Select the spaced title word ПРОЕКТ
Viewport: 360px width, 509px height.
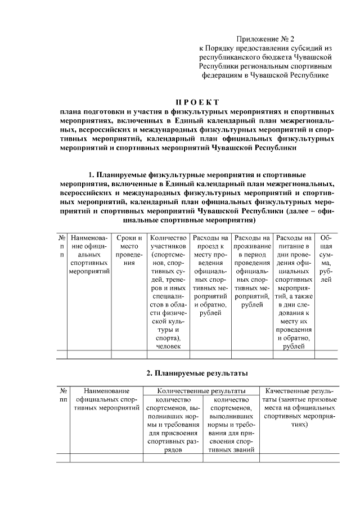tap(196, 102)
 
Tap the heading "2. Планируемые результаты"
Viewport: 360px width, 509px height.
tap(196, 373)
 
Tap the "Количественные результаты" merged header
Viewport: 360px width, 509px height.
tap(201, 390)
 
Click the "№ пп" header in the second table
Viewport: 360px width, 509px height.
tap(63, 394)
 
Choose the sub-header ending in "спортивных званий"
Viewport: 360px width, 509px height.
tap(228, 425)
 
